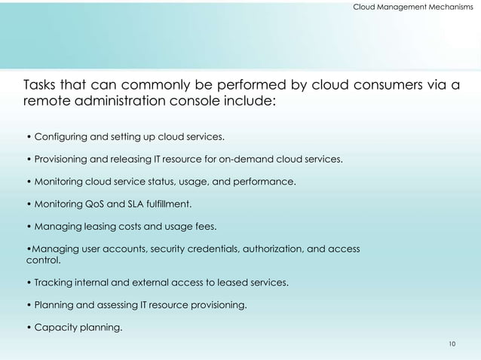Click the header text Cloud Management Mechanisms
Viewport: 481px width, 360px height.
coord(413,7)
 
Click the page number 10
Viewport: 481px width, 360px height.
coord(452,343)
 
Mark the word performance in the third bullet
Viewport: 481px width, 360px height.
coord(266,182)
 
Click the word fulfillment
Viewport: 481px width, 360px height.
coord(170,204)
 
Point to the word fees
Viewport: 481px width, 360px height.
coord(204,226)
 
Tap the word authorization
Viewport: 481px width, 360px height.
coord(265,249)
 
